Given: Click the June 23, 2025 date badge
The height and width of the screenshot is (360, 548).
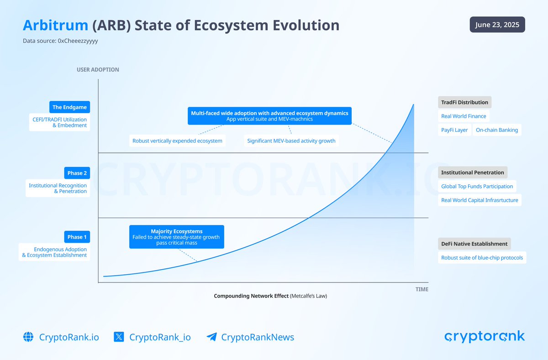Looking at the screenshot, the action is tap(497, 25).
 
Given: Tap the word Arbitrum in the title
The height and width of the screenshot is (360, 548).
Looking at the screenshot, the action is tap(55, 25).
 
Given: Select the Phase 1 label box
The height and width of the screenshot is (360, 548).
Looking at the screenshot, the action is tap(77, 237).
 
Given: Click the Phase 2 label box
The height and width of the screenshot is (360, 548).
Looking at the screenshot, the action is tap(77, 173).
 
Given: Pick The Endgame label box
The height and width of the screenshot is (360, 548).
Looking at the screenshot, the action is tap(70, 107).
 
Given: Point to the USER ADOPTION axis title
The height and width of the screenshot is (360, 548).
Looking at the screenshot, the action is tap(98, 70).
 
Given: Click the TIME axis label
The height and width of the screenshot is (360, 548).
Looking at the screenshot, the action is tap(422, 289).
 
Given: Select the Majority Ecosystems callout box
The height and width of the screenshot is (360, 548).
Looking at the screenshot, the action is tap(177, 237).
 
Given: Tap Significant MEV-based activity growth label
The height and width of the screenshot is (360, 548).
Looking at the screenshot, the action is tap(291, 141).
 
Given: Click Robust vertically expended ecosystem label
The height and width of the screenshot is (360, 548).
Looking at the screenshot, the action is tap(177, 141).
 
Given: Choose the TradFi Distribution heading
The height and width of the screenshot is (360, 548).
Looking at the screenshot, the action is tap(464, 102).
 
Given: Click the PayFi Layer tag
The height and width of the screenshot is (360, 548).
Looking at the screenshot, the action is tap(454, 130).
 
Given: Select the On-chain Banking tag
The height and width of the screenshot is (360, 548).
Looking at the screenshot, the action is tap(497, 130).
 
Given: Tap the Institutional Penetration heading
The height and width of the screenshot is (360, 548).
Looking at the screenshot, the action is tap(473, 172).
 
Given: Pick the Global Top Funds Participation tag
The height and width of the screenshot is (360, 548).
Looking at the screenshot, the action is tap(477, 186).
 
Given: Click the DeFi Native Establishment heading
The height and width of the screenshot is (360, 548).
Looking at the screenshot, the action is tap(474, 244).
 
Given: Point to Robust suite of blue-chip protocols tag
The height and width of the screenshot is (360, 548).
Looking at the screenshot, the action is tap(482, 258).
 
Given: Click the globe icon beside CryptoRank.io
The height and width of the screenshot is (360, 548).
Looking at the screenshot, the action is tap(28, 337).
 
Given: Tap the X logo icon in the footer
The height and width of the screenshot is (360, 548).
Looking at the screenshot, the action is tap(119, 337).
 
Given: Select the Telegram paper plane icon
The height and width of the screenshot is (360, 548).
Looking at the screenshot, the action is tap(212, 337).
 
